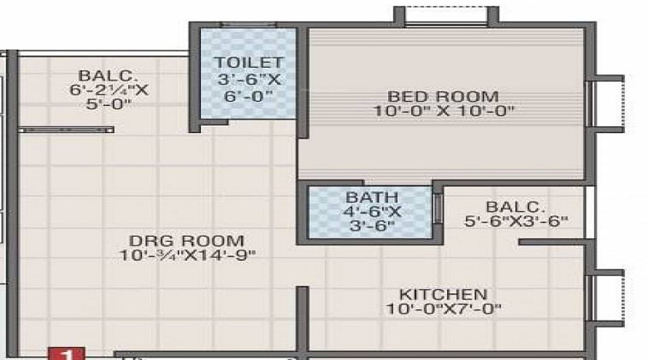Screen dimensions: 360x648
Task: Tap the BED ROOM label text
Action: pos(443,96)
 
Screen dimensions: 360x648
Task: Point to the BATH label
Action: pos(371,197)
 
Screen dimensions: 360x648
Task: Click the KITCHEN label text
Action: pos(444,294)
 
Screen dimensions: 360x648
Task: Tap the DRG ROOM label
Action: pos(187,240)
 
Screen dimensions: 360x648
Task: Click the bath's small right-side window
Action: pos(438,212)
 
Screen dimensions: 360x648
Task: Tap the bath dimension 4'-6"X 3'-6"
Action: pos(371,218)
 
